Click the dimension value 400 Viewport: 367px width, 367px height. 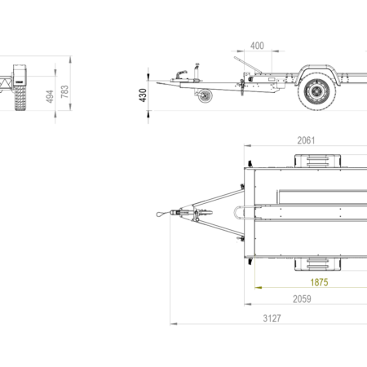point(257,46)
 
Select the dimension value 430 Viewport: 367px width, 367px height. point(143,95)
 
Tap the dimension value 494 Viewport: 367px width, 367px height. point(50,96)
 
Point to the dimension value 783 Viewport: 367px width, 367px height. point(64,92)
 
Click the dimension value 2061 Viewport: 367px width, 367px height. point(306,140)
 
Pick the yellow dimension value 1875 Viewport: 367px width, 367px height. point(319,282)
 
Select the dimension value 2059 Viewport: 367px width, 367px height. point(302,299)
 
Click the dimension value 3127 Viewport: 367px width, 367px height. point(272,318)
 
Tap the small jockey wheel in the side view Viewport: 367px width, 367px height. point(205,96)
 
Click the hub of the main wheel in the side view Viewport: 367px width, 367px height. point(316,91)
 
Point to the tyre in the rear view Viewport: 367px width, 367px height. point(20,98)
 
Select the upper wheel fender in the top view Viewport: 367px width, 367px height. point(317,161)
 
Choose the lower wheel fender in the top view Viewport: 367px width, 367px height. point(317,264)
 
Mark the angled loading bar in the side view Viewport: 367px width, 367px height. point(248,64)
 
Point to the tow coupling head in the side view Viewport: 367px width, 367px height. point(181,75)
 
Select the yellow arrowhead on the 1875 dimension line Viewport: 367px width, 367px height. point(259,287)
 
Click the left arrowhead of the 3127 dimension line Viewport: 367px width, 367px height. point(174,324)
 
